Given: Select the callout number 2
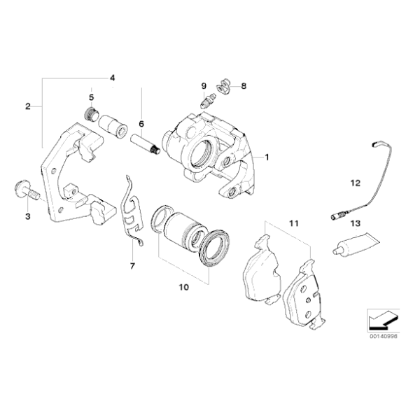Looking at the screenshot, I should point(27,106).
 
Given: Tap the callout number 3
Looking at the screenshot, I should point(28,217).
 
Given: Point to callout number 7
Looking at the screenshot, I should point(131,267).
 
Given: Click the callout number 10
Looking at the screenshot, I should point(184,287).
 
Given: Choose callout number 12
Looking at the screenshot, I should point(355,183).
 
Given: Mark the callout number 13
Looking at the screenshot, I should point(355,224).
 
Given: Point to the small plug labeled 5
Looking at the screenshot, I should point(90,113).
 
